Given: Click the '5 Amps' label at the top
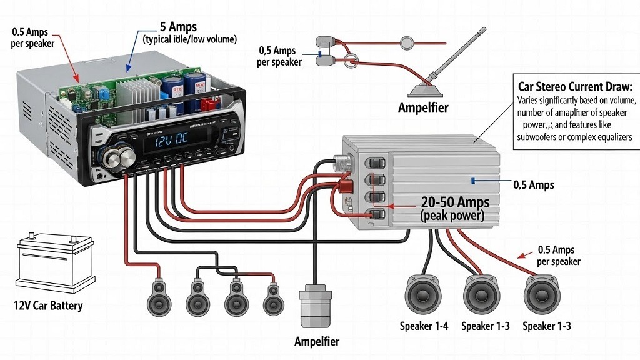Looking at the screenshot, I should click(x=179, y=27).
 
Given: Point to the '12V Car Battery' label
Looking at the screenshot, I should click(x=47, y=306).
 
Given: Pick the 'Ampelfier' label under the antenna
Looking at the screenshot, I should click(x=423, y=107).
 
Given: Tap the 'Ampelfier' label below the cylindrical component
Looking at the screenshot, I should click(x=317, y=342).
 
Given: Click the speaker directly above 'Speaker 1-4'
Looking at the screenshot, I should click(x=424, y=294).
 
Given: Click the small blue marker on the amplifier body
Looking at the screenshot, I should click(x=474, y=180).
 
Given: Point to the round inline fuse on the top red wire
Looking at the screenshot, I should click(x=407, y=44).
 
